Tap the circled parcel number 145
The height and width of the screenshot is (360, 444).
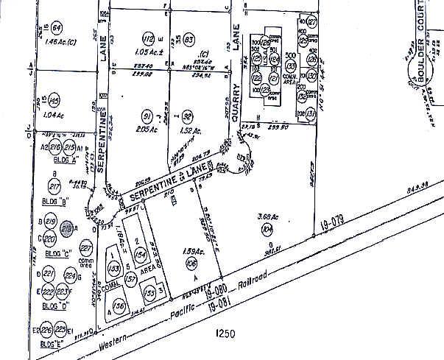[x=54, y=101]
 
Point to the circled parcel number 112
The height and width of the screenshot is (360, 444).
[x=149, y=38]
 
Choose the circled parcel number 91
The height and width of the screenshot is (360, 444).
[x=147, y=116]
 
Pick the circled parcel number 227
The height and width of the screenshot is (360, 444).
[x=86, y=247]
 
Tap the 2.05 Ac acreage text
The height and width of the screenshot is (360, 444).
[x=147, y=129]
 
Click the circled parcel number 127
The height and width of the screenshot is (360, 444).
[x=311, y=22]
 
